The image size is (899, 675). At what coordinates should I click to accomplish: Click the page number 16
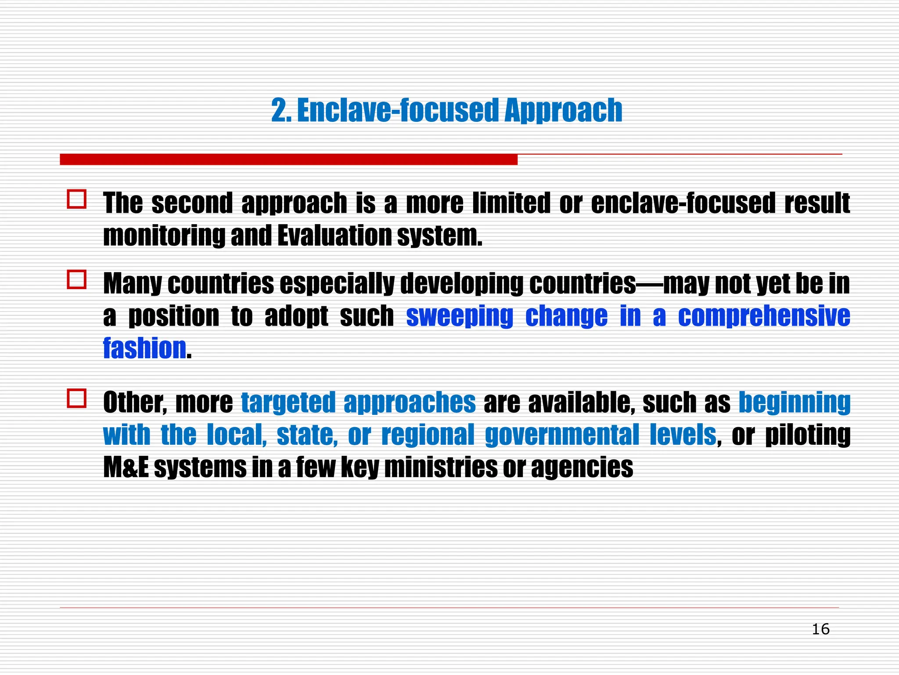(x=820, y=629)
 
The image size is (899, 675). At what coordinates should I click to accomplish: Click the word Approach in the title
(x=563, y=110)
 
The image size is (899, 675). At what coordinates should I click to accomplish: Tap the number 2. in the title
(x=281, y=110)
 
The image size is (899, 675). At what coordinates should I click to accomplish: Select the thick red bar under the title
(x=288, y=160)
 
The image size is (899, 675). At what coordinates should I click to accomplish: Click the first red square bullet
(x=77, y=199)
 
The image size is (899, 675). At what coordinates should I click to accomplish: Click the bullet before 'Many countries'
(x=77, y=279)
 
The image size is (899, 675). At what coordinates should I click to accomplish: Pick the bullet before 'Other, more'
(x=77, y=398)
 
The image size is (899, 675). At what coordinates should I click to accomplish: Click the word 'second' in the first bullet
(x=192, y=203)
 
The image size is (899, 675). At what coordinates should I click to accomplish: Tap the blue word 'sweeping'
(x=460, y=316)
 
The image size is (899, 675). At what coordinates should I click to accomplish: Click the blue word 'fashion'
(x=145, y=348)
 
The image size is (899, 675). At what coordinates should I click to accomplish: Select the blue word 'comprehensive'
(x=764, y=316)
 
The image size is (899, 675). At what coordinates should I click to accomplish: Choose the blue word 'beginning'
(x=795, y=403)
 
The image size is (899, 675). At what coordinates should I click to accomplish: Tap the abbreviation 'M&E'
(x=126, y=467)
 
